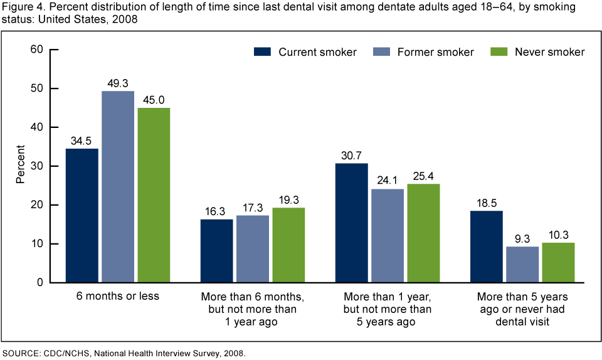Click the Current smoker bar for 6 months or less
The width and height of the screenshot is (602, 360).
pos(82,215)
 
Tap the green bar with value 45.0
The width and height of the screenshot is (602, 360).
pos(154,195)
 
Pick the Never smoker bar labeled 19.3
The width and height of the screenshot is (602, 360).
pos(288,245)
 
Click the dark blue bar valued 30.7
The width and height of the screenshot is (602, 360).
pos(352,223)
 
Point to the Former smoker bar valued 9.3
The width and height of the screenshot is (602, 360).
pos(522,264)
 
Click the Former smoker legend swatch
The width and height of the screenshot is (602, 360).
pos(381,52)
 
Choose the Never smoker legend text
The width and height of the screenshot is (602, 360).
pos(549,52)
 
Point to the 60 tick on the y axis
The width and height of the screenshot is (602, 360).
pos(37,50)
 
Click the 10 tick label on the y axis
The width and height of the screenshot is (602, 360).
pos(37,244)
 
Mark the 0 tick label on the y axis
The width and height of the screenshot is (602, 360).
pos(40,283)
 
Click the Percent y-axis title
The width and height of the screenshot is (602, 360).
pos(21,166)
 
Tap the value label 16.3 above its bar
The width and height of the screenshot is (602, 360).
pos(217,211)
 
